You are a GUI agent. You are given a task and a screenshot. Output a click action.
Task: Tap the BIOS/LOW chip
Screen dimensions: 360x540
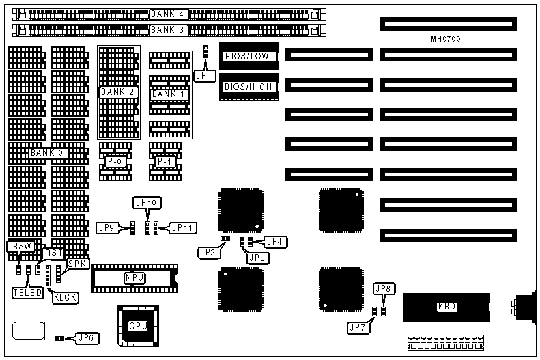pos(246,57)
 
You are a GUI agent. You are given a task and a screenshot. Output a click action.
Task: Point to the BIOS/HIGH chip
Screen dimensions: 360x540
pos(246,87)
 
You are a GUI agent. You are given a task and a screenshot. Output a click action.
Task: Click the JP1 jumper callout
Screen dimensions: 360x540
pos(203,76)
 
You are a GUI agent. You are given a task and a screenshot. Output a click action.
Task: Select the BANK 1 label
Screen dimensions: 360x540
pos(168,93)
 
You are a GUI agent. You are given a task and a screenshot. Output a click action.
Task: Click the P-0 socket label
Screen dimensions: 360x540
pos(113,161)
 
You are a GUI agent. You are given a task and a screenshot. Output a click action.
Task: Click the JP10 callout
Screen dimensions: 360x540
pos(147,203)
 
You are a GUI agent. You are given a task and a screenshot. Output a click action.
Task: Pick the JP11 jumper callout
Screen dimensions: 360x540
pos(182,227)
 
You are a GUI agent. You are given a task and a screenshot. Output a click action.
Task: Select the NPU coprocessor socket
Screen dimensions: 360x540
pos(134,277)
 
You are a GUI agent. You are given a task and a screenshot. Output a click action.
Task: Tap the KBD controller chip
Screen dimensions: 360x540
pos(446,307)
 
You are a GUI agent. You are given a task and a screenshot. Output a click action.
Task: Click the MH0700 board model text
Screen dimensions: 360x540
pos(446,40)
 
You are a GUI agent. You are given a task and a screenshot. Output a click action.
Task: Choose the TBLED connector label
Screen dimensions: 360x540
pos(27,292)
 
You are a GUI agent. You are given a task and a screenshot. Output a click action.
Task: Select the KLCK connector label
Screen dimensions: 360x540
pos(66,299)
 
